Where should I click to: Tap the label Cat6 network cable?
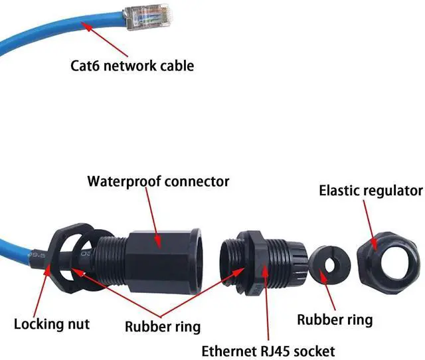[x=132, y=66]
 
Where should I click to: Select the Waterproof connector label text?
[x=159, y=181]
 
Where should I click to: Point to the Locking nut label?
[x=52, y=325]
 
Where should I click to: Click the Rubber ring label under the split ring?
[x=334, y=319]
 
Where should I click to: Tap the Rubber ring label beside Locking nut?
[x=162, y=326]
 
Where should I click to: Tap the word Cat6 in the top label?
[x=86, y=66]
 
